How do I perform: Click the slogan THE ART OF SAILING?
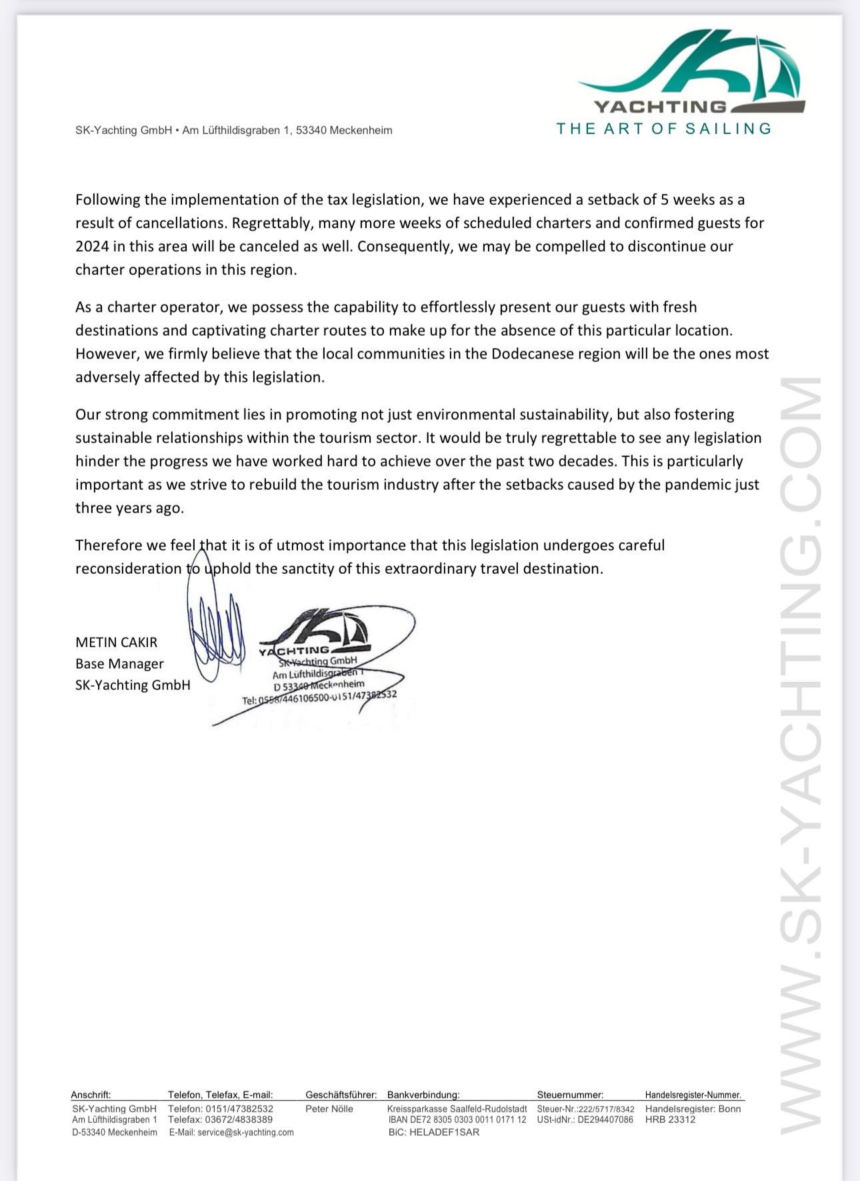(664, 129)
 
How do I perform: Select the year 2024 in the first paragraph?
(92, 246)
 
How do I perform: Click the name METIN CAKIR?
(117, 643)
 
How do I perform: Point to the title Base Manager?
(119, 664)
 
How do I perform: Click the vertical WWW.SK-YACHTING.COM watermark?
(800, 754)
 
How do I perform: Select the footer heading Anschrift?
(91, 1095)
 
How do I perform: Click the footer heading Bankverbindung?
(423, 1095)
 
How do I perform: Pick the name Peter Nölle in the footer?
(329, 1109)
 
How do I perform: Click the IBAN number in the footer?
(457, 1120)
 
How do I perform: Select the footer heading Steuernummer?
(570, 1095)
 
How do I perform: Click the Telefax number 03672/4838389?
(239, 1120)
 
